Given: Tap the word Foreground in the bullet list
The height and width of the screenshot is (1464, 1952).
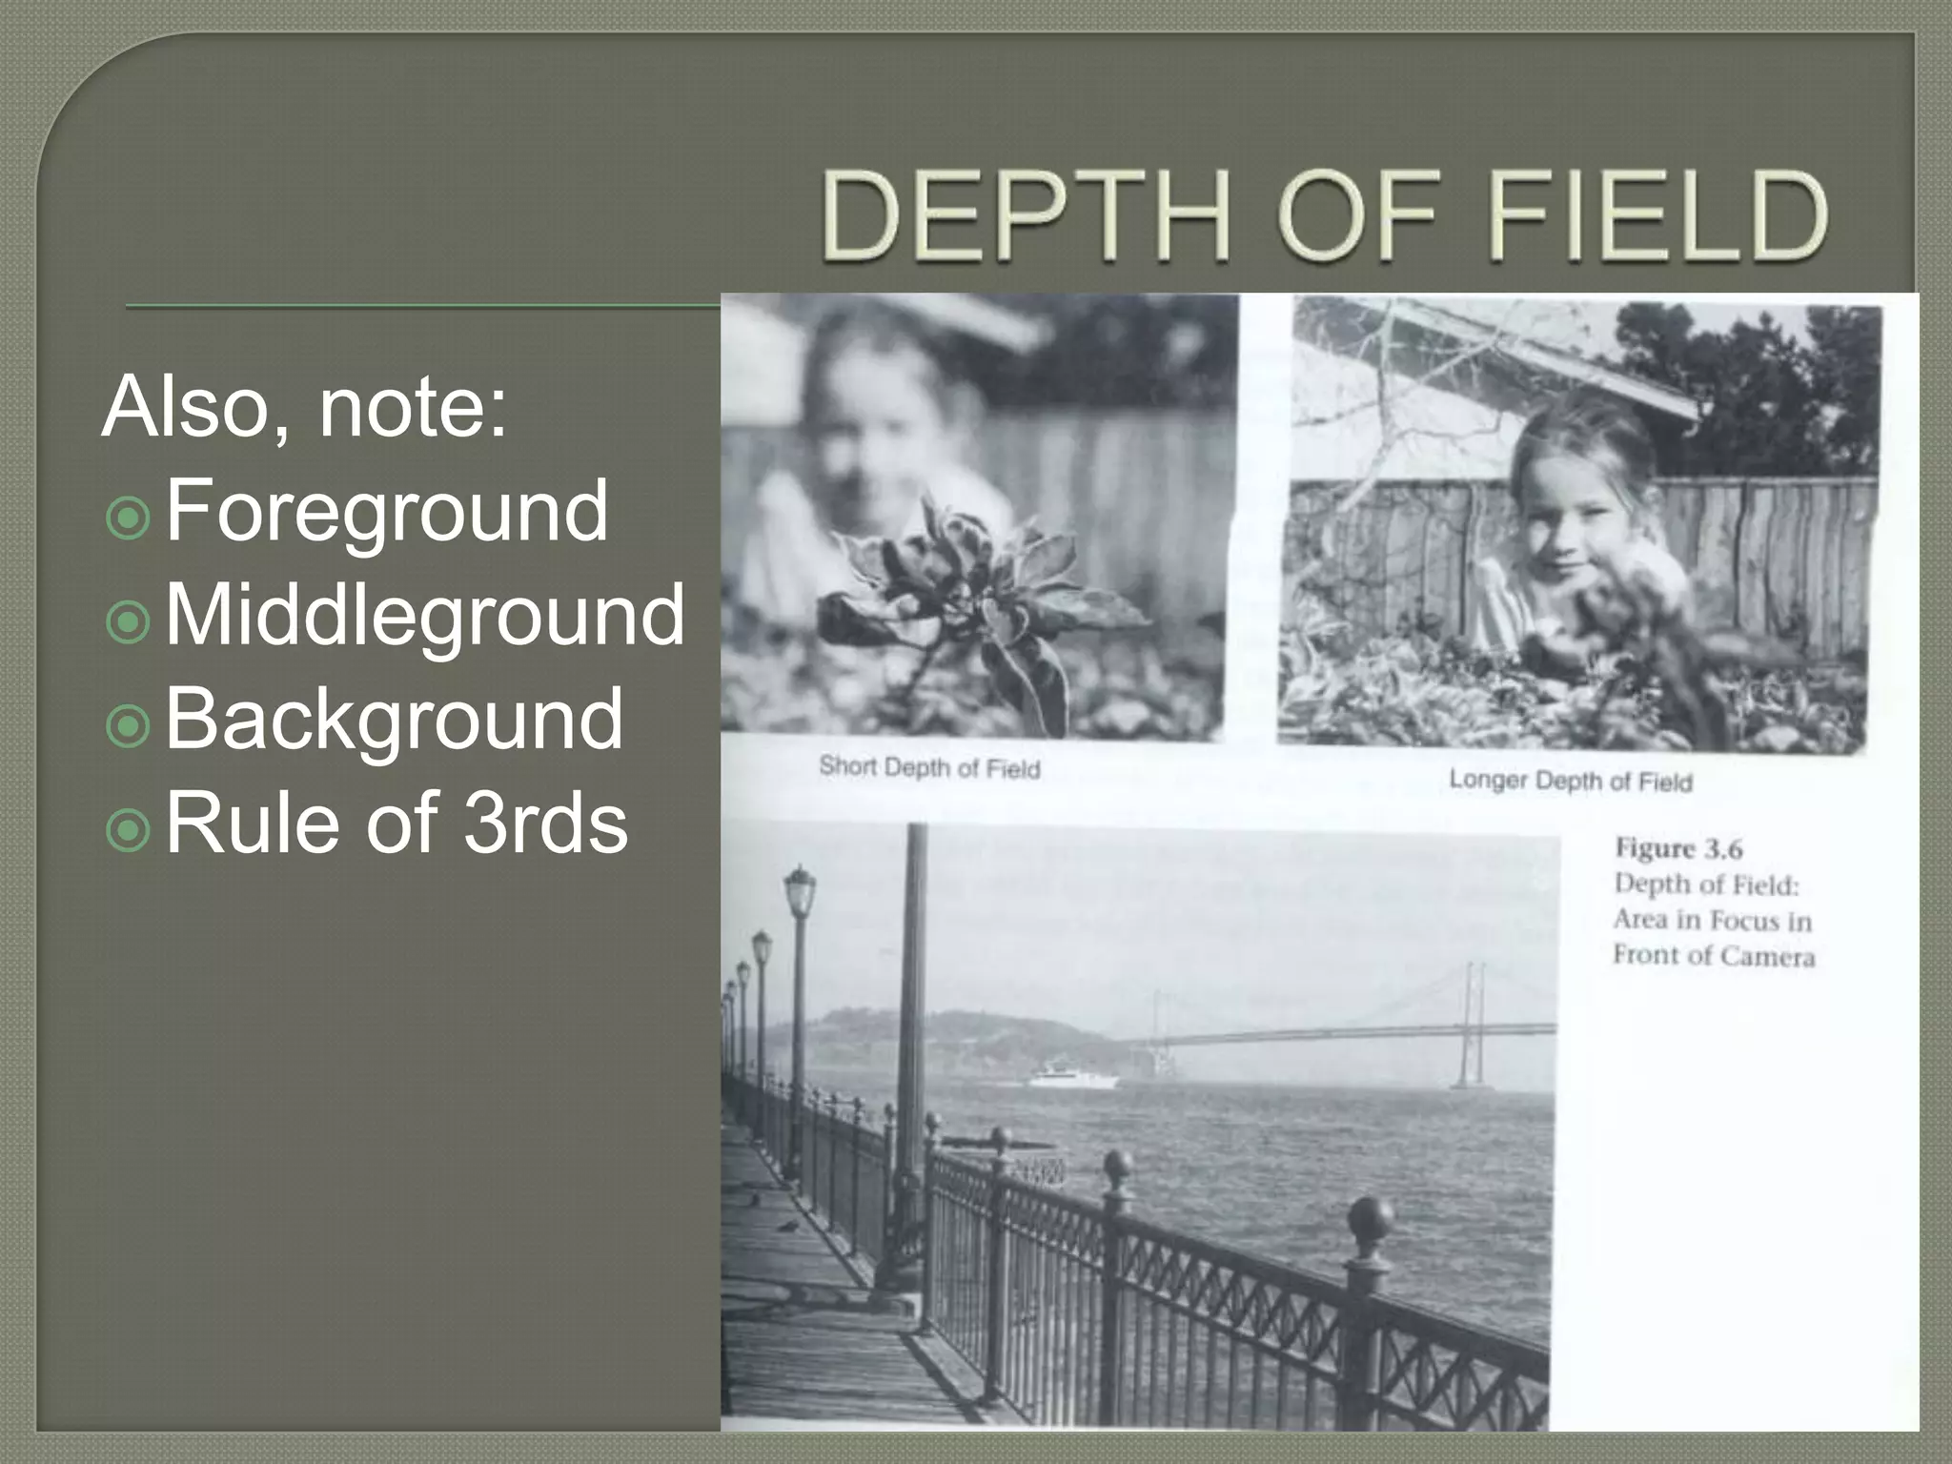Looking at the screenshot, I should coord(387,512).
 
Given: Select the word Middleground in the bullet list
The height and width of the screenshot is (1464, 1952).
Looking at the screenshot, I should coord(425,616).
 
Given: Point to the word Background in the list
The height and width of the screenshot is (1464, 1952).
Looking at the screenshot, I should coord(395,720).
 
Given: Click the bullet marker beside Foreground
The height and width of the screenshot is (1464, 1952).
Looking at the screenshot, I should coord(129,518).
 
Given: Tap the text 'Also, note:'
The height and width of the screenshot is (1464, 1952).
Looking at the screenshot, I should coord(304,408).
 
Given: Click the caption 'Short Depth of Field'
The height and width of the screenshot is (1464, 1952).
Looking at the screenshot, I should coord(929,767).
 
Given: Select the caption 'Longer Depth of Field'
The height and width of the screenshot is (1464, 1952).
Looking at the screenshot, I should coord(1570,782).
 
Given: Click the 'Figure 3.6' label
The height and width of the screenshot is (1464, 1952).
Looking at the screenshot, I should coord(1677,848).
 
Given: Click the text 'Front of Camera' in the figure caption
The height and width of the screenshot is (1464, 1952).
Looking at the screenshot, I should coord(1714,956).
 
